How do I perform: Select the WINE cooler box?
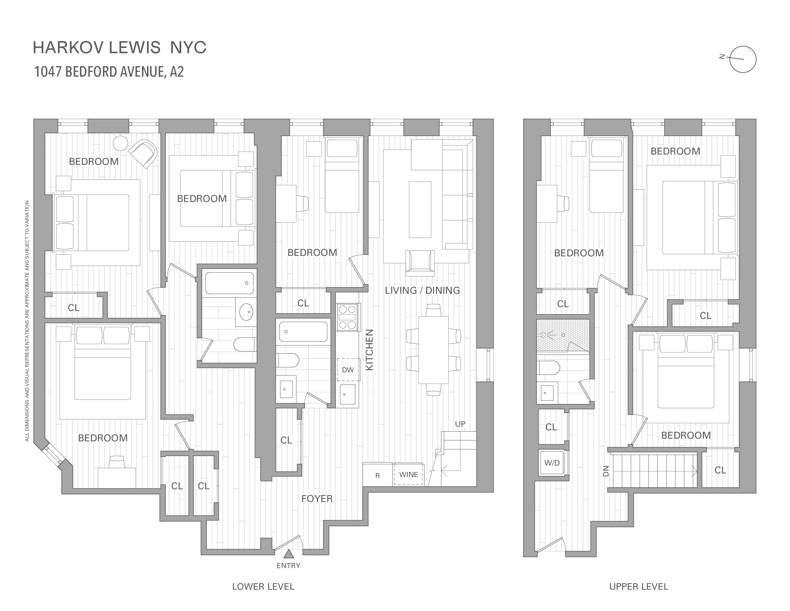[x=408, y=474]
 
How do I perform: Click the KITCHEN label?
[x=369, y=350]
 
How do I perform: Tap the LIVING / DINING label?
[x=422, y=290]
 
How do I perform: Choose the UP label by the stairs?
[x=460, y=424]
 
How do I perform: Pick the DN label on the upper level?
[x=606, y=471]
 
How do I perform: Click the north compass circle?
[x=743, y=59]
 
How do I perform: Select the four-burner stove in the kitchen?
[x=347, y=317]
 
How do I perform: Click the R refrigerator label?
[x=377, y=476]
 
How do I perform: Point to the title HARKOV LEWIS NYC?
[x=120, y=47]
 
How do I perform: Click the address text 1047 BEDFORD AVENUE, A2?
[x=109, y=72]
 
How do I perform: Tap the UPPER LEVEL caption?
[x=638, y=587]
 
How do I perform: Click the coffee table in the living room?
[x=420, y=209]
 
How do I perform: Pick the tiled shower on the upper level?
[x=563, y=335]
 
